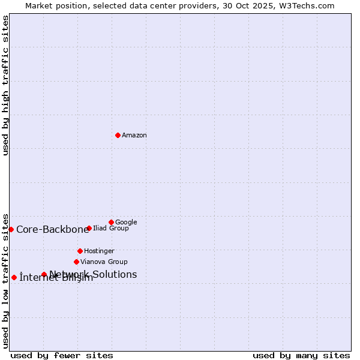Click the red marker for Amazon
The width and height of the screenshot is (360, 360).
tap(118, 135)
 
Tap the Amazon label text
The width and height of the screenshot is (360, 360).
tap(134, 136)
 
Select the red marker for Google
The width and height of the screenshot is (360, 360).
tap(111, 222)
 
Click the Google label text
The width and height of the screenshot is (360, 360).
tap(126, 222)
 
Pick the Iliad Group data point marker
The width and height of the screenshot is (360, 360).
tap(89, 228)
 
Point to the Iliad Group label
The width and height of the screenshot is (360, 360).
tap(111, 229)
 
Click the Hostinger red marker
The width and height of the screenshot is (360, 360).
tap(80, 251)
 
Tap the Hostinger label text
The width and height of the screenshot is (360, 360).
tap(99, 251)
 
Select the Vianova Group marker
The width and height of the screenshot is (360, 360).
tap(76, 262)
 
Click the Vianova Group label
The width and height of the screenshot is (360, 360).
tap(104, 262)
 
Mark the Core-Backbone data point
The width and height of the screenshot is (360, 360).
tap(11, 229)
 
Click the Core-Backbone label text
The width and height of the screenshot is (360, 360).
tap(52, 229)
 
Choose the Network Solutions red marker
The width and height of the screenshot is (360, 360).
tap(44, 274)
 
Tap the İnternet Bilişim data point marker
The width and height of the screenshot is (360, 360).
tap(14, 277)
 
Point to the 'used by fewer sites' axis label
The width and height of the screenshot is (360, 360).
tap(62, 355)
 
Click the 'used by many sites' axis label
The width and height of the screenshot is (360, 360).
tap(301, 355)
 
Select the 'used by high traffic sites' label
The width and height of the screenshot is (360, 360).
tap(5, 85)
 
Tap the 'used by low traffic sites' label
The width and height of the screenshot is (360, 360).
tap(5, 280)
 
